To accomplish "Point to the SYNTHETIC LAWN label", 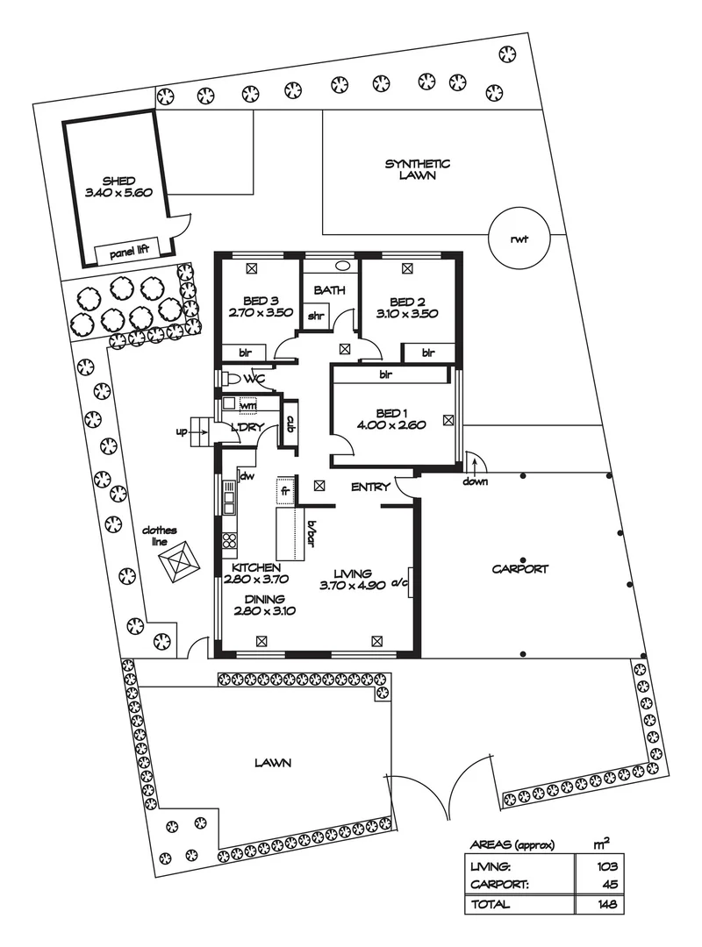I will pos(418,169).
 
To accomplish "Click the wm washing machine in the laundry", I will pos(248,404).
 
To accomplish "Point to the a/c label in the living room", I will pos(400,580).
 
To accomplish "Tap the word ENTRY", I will pos(370,487).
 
